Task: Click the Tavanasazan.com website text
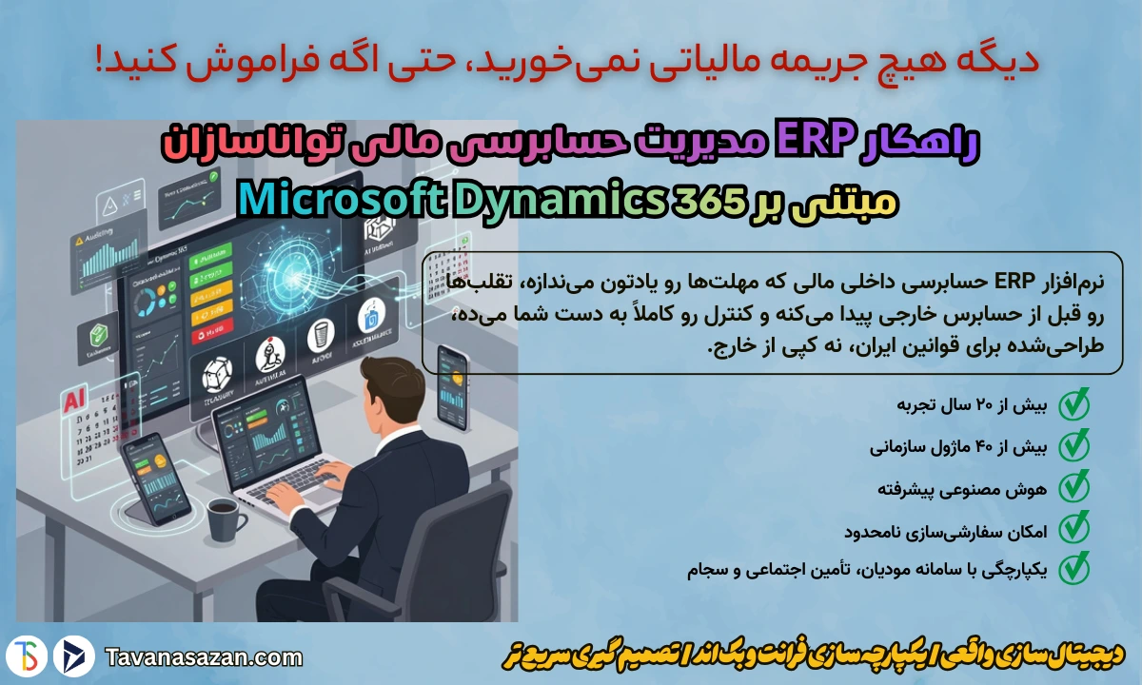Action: coord(205,656)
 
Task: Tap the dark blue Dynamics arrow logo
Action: coord(72,656)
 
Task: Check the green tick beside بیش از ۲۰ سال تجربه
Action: coord(1073,404)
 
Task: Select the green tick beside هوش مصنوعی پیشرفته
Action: coord(1073,486)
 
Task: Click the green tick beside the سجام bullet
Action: coord(1073,568)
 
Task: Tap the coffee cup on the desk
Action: coord(224,518)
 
